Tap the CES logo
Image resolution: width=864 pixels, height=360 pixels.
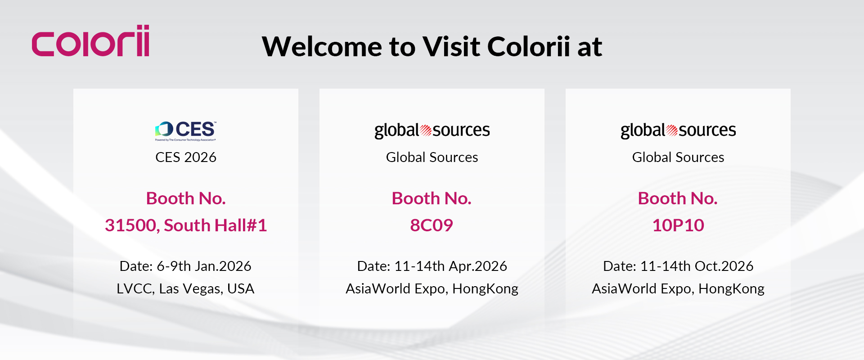(x=185, y=131)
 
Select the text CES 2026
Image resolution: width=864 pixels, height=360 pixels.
(x=186, y=157)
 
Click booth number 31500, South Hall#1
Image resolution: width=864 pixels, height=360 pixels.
(x=186, y=225)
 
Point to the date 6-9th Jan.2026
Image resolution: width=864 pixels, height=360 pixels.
(x=204, y=266)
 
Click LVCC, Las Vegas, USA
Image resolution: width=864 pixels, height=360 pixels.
(x=185, y=288)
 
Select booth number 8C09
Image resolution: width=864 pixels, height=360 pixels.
(x=432, y=225)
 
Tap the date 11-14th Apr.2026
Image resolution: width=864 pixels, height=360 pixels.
(x=450, y=266)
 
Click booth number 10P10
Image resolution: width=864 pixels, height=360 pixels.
(x=678, y=225)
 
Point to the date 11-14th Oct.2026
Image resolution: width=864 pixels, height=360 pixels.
(x=697, y=266)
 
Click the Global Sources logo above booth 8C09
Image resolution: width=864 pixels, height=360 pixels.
(x=432, y=130)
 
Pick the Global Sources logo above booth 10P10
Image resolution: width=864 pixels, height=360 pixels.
(x=678, y=130)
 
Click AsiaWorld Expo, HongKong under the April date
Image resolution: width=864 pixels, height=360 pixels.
(x=432, y=288)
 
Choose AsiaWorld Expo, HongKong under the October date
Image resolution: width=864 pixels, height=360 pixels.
(x=678, y=288)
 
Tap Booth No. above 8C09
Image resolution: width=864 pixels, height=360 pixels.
(x=432, y=198)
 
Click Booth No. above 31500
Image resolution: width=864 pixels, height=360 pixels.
(x=186, y=198)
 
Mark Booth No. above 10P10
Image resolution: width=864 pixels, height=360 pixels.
(x=678, y=198)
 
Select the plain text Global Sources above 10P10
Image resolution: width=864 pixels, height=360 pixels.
(x=678, y=157)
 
